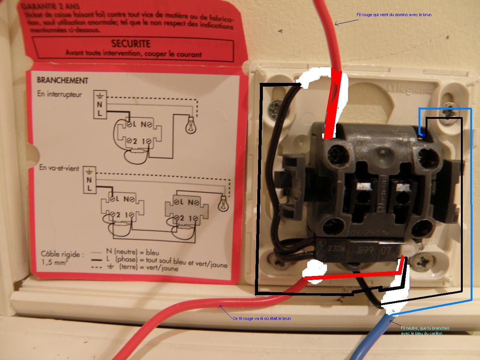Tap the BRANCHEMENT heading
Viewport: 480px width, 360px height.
(62, 80)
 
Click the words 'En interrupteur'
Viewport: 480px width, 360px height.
(59, 94)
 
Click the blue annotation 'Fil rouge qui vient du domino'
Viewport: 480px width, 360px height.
(394, 15)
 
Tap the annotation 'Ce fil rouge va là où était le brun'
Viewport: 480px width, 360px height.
(261, 318)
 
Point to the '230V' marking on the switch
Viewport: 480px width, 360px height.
(331, 249)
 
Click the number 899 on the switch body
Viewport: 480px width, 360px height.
(364, 250)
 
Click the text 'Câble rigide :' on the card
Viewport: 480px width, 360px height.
(62, 255)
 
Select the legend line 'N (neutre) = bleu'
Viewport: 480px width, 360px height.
(132, 252)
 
